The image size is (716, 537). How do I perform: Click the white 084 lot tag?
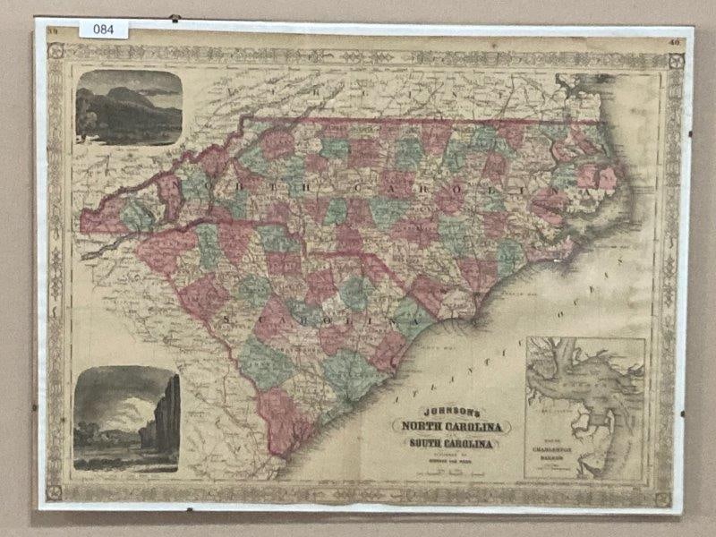tap(104, 30)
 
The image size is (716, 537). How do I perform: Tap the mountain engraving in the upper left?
tap(129, 107)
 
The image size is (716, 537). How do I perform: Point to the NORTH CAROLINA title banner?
tap(456, 425)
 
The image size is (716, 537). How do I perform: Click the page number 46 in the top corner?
tap(673, 40)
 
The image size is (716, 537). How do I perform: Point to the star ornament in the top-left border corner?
tap(55, 51)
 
